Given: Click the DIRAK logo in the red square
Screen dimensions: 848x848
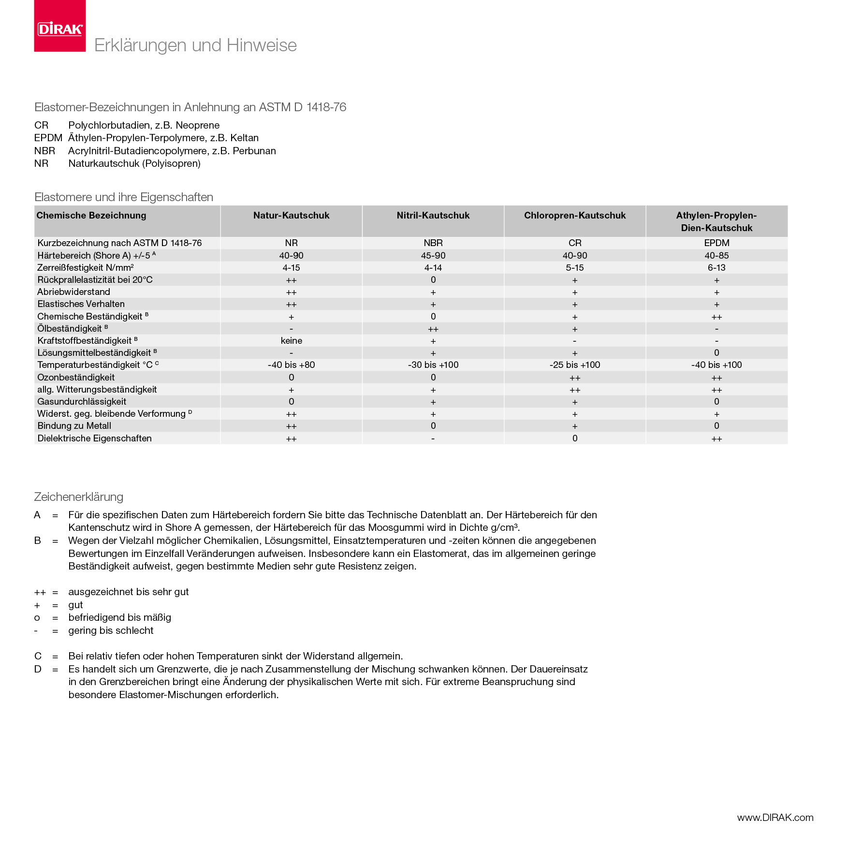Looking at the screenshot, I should (60, 29).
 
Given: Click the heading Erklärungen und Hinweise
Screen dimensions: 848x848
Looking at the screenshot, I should (195, 45).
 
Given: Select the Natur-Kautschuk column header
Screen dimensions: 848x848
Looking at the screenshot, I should (291, 216).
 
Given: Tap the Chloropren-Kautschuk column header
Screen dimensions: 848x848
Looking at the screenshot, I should (574, 216).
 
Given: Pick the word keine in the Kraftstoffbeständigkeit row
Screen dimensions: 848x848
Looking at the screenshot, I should (291, 341).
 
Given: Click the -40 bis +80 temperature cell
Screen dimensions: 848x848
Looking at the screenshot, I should (291, 365).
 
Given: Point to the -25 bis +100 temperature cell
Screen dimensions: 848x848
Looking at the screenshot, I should (574, 365).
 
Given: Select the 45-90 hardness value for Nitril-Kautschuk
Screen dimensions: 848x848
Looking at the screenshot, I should (433, 256).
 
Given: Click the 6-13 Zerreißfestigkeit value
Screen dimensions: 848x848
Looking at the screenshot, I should (716, 268).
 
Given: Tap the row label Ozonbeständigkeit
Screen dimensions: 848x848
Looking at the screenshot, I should (76, 378).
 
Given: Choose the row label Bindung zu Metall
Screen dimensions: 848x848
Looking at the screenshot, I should (74, 426).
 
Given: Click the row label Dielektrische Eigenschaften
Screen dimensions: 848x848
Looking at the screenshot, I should (94, 439).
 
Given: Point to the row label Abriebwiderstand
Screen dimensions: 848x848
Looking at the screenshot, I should (73, 292).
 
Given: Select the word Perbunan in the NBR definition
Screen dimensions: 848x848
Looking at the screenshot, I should (254, 151).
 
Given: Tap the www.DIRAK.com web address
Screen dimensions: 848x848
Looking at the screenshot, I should (775, 818).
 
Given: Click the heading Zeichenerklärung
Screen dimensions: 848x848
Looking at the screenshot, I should (78, 497).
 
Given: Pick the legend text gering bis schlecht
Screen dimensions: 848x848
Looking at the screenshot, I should (111, 630).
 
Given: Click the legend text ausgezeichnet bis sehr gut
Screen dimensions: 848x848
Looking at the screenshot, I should (128, 592).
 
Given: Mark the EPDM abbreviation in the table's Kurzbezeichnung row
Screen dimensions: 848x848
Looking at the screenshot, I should (716, 243).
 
